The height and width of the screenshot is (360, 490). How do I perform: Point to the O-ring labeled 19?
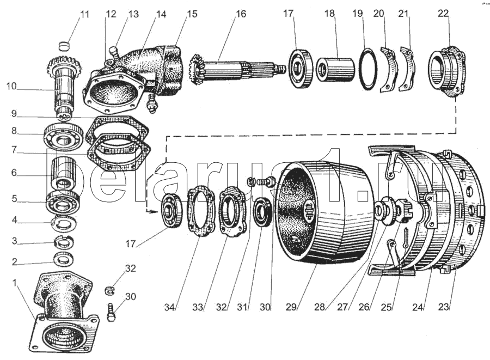point(368,69)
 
